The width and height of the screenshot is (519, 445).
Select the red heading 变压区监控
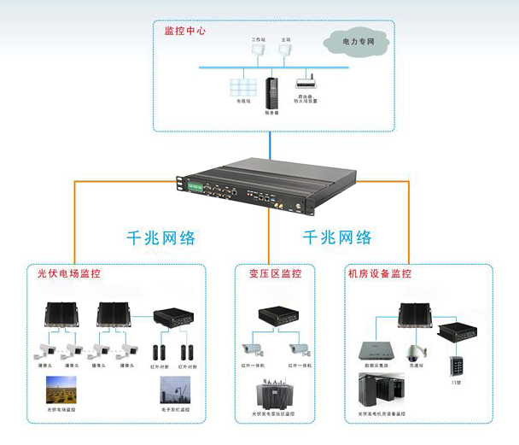tap(275, 274)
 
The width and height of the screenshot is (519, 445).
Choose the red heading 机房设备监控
tap(379, 274)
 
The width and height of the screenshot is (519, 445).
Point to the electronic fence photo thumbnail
tap(177, 392)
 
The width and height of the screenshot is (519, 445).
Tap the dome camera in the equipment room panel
tap(415, 352)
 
